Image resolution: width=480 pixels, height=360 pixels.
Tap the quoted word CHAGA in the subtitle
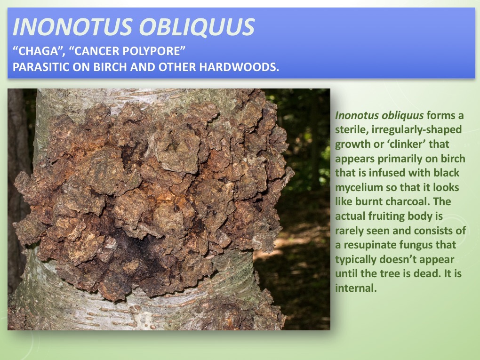click(x=36, y=50)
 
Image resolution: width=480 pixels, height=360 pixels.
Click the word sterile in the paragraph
click(x=350, y=129)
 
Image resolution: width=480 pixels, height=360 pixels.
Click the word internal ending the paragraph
click(x=355, y=288)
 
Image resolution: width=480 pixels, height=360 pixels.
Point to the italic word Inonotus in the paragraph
click(x=354, y=115)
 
